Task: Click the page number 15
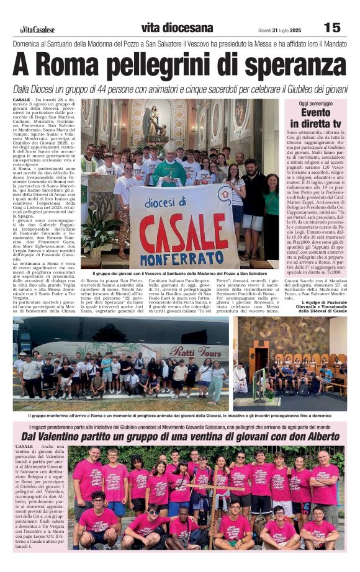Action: pyautogui.click(x=332, y=27)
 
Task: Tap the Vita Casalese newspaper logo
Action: pyautogui.click(x=37, y=29)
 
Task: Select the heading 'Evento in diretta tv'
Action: pyautogui.click(x=316, y=117)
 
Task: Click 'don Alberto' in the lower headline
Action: pyautogui.click(x=310, y=437)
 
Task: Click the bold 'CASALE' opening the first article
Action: pyautogui.click(x=22, y=101)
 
